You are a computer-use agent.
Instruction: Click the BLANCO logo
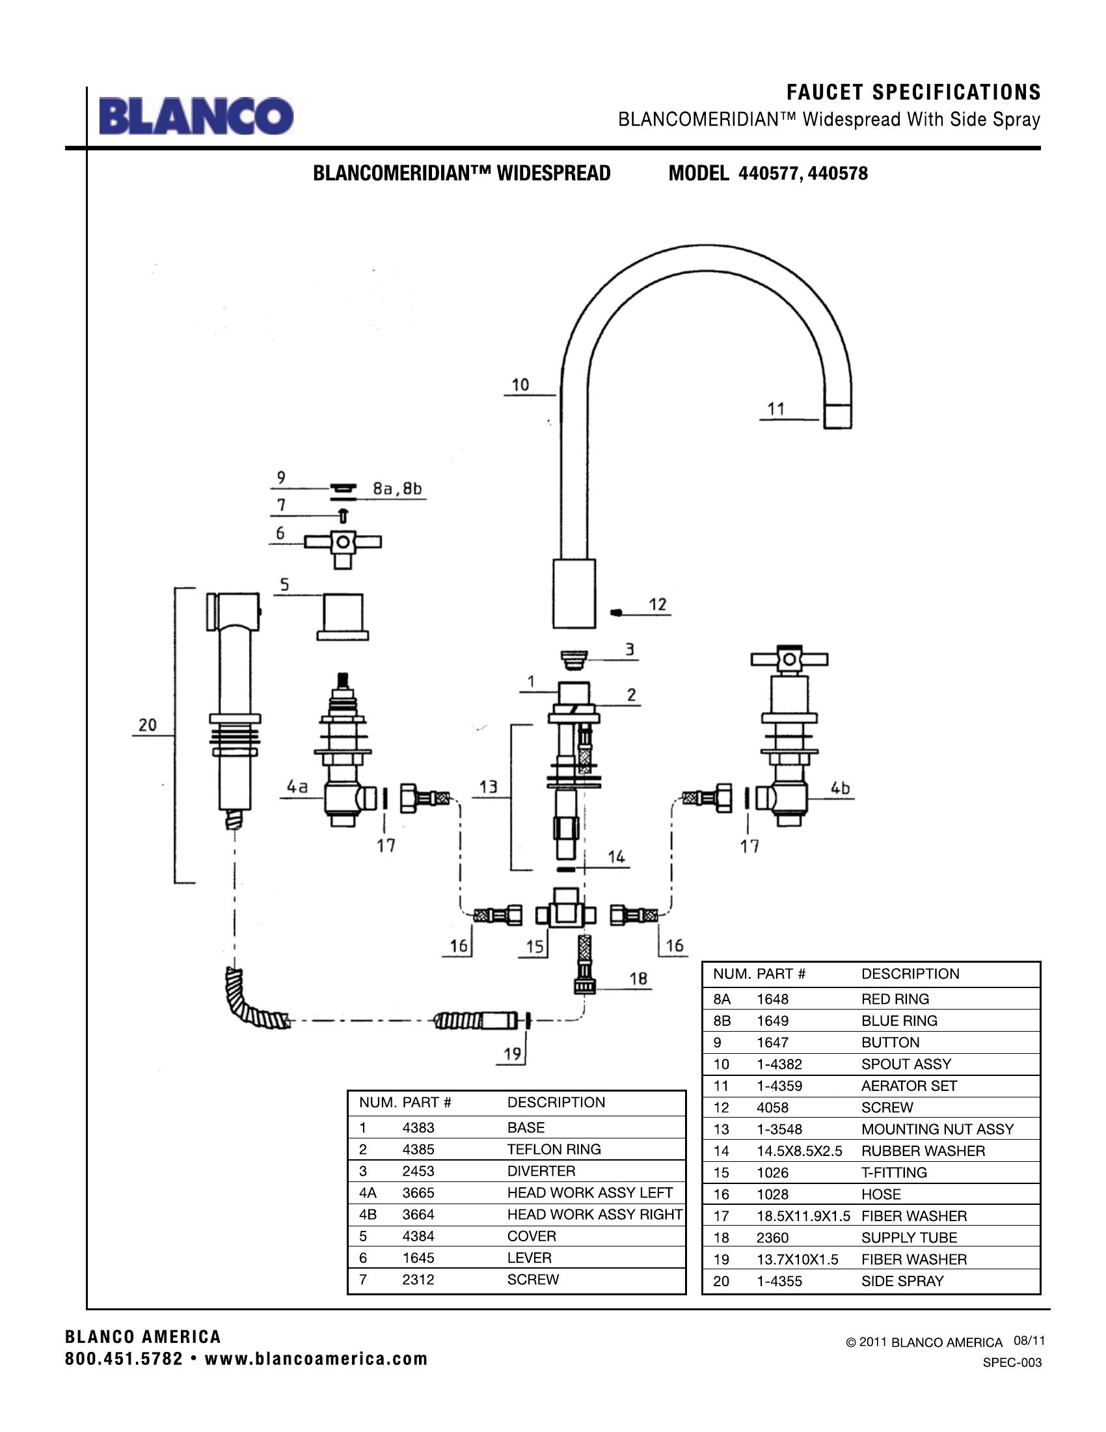pyautogui.click(x=196, y=116)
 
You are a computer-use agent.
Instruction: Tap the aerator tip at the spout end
pyautogui.click(x=837, y=417)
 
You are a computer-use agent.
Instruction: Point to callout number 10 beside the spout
pyautogui.click(x=520, y=385)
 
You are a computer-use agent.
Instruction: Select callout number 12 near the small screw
pyautogui.click(x=657, y=604)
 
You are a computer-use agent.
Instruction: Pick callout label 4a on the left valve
pyautogui.click(x=297, y=786)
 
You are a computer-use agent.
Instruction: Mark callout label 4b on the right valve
pyautogui.click(x=840, y=788)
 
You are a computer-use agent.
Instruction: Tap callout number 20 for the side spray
pyautogui.click(x=148, y=724)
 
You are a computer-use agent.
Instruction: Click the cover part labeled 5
pyautogui.click(x=342, y=617)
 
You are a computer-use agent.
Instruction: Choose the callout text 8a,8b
pyautogui.click(x=397, y=488)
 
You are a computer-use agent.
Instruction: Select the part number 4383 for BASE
pyautogui.click(x=418, y=1127)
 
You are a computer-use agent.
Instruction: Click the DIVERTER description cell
pyautogui.click(x=541, y=1170)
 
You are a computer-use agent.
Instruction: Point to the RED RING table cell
pyautogui.click(x=895, y=998)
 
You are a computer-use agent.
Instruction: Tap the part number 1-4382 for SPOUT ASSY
pyautogui.click(x=779, y=1064)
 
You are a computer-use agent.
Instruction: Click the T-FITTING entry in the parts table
pyautogui.click(x=894, y=1172)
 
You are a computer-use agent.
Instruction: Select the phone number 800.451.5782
pyautogui.click(x=124, y=1358)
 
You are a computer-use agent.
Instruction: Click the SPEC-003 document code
pyautogui.click(x=1012, y=1362)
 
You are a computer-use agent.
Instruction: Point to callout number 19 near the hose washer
pyautogui.click(x=513, y=1054)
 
